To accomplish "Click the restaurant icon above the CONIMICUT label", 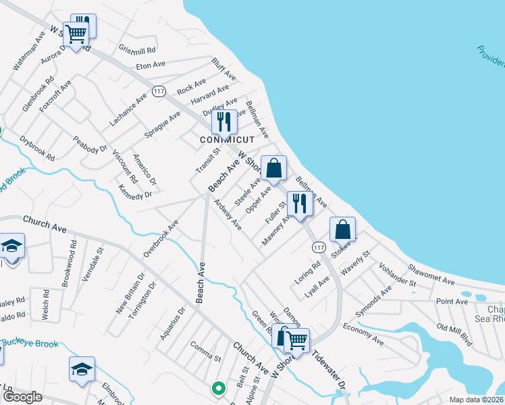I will click(224, 122).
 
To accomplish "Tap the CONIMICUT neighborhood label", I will click(226, 140).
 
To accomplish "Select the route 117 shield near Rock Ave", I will click(159, 91).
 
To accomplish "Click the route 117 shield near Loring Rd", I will click(319, 248).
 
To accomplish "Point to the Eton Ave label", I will click(151, 65).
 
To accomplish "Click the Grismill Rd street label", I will click(138, 49).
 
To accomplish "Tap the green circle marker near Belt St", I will click(218, 388).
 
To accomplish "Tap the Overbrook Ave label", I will click(161, 238).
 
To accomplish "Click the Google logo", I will click(22, 397).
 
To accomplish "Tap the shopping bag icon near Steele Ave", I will click(274, 169).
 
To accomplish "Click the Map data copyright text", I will click(475, 400).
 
